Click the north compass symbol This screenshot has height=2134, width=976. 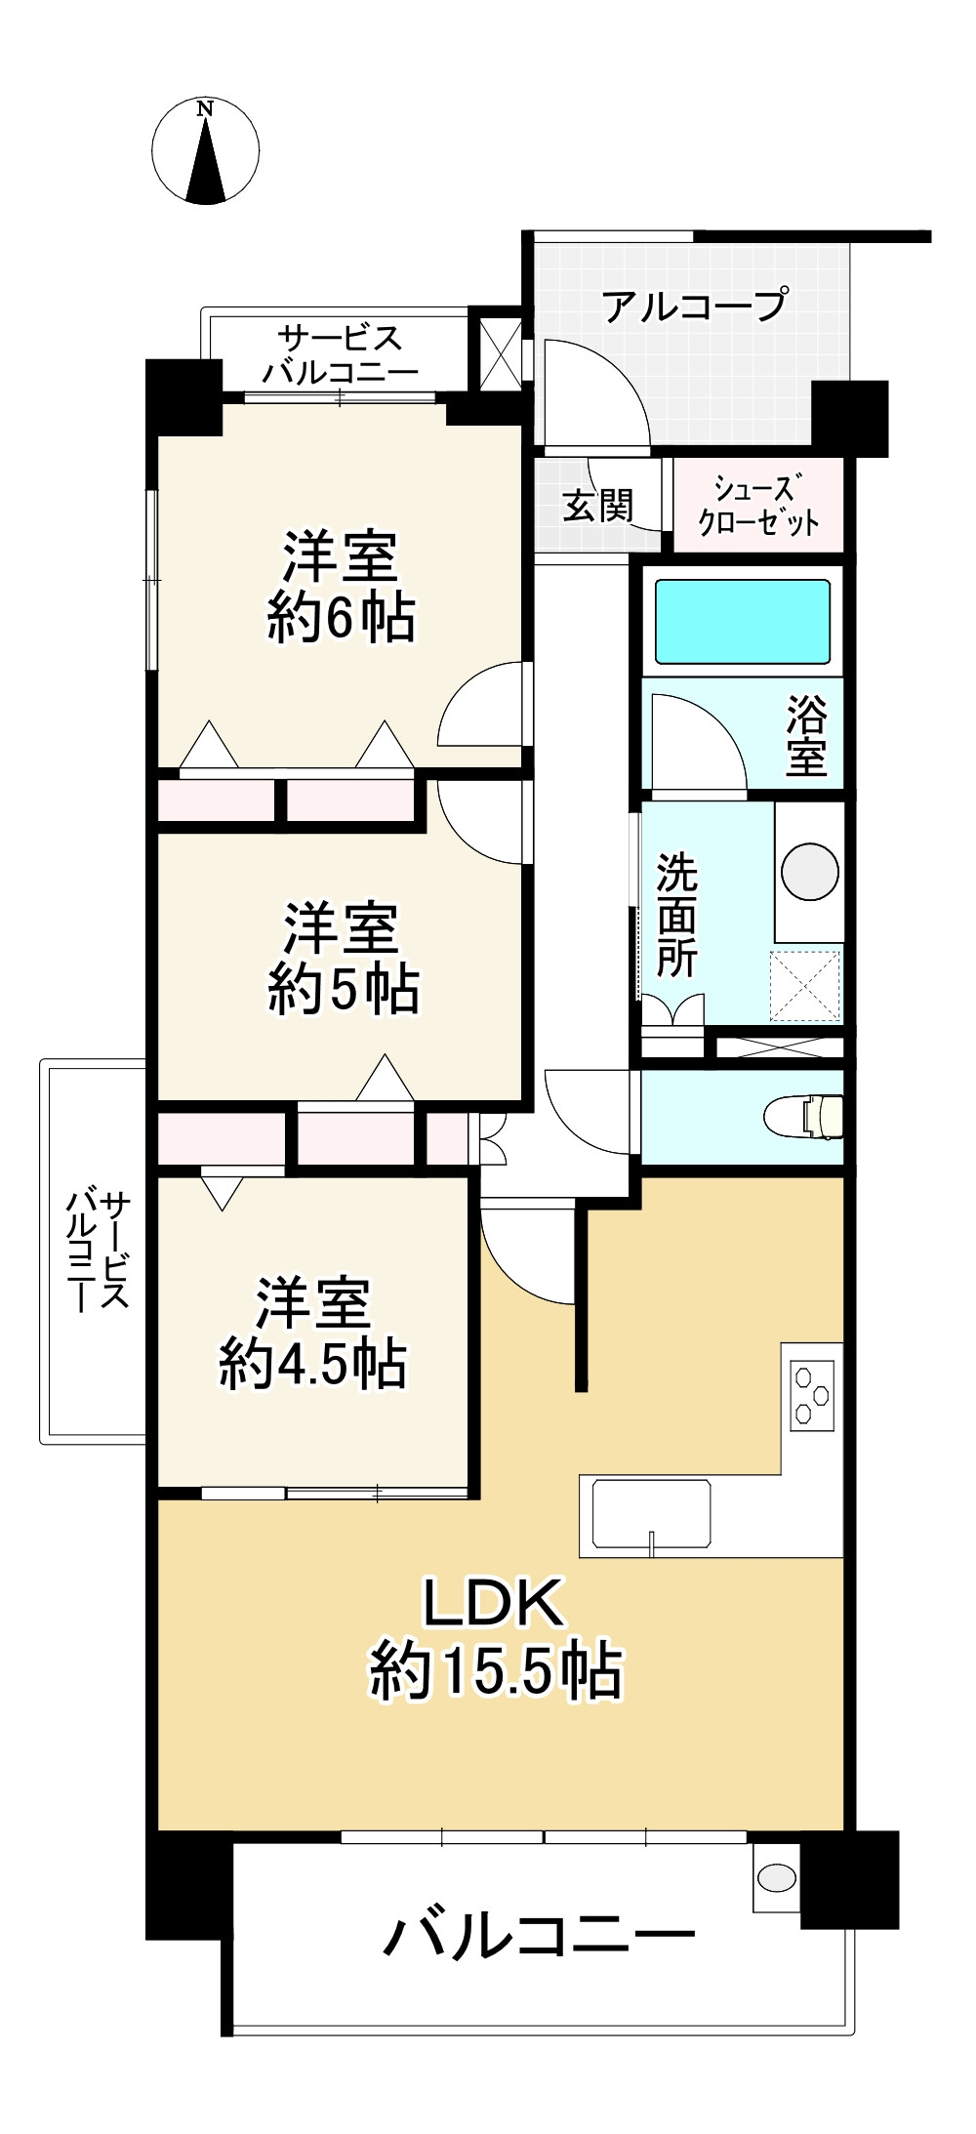(x=205, y=151)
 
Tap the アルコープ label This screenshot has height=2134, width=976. (x=694, y=307)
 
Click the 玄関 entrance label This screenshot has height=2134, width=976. (x=598, y=506)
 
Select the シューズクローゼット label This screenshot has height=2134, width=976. (x=758, y=505)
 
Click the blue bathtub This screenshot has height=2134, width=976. (x=742, y=622)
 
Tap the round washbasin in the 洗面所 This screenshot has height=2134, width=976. (x=810, y=871)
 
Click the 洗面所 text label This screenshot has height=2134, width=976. (x=676, y=915)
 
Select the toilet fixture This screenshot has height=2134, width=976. (x=806, y=1117)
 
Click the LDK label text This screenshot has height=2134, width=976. (x=493, y=1603)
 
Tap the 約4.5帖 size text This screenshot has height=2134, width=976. (x=312, y=1364)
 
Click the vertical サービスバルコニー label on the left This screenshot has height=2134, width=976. (x=97, y=1250)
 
